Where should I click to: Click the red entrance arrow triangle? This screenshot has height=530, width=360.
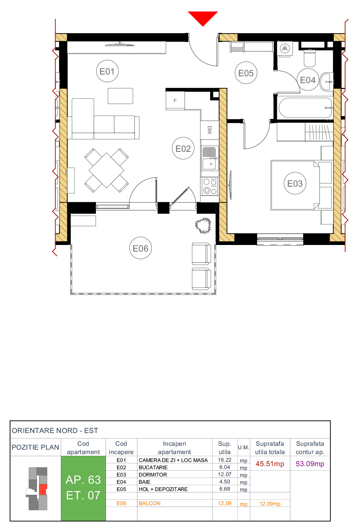coord(203,17)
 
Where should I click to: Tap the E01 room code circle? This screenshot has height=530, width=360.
coord(107,71)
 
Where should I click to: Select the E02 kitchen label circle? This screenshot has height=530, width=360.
coord(183,149)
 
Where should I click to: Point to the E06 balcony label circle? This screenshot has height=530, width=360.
coord(140,248)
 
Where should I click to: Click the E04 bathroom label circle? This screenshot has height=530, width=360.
coord(308,80)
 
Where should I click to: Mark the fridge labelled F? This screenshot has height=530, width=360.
coord(175,101)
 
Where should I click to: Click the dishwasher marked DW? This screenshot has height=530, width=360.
coord(210,130)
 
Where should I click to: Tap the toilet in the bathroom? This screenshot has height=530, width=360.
coord(310,58)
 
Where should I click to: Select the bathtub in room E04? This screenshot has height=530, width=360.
coord(305,108)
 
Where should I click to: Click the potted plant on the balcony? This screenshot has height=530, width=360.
coord(203,226)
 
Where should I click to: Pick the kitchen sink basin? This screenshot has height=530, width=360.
coord(209,164)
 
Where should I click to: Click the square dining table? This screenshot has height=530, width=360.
coord(106,170)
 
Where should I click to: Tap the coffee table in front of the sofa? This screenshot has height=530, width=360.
coord(120,96)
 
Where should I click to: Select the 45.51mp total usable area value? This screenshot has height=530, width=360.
coord(270,464)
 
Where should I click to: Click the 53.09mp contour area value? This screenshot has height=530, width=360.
coord(310,464)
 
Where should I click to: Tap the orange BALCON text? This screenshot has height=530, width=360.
coord(149,503)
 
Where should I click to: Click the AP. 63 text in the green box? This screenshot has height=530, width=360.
coord(83,480)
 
